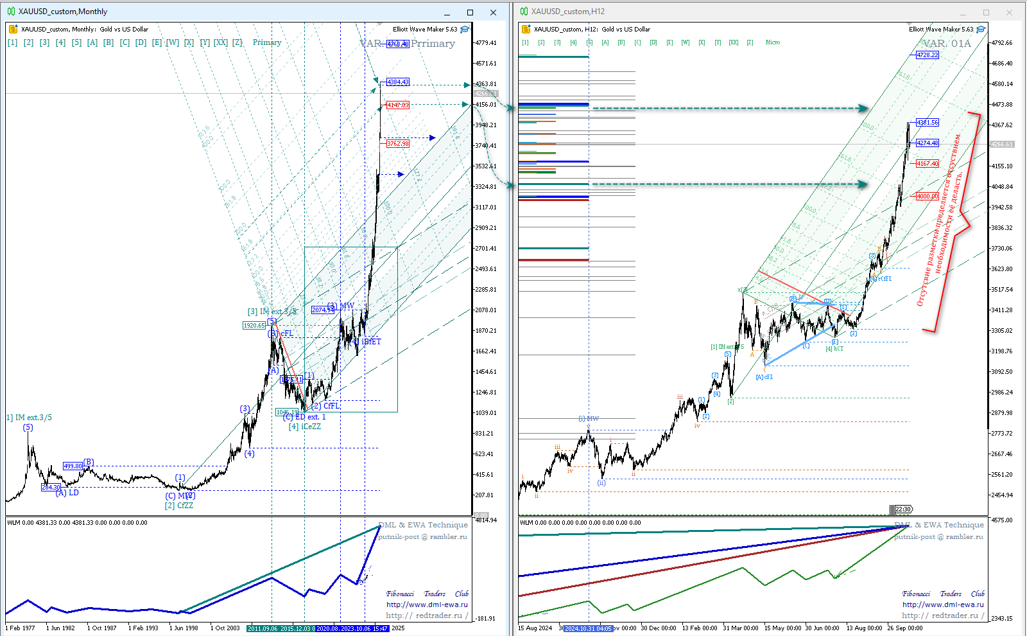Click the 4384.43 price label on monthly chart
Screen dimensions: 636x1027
click(x=398, y=82)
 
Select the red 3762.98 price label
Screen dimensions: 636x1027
click(x=398, y=143)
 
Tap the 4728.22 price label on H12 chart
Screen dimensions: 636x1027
click(x=928, y=55)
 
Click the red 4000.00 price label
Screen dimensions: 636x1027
click(x=928, y=196)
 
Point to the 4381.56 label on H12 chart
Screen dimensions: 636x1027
click(x=928, y=122)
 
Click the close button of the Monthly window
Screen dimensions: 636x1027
click(x=493, y=12)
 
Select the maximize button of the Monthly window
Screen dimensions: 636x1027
click(x=470, y=12)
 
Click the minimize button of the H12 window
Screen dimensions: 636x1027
click(x=963, y=12)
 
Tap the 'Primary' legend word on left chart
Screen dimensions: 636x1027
click(x=267, y=42)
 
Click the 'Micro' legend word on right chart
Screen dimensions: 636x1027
click(x=773, y=42)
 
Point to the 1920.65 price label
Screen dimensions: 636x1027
click(x=254, y=325)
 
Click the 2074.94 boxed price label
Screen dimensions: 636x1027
click(x=323, y=310)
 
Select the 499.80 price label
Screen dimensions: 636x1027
click(x=73, y=466)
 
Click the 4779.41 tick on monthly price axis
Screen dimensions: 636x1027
click(x=485, y=43)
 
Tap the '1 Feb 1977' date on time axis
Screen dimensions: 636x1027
click(x=21, y=628)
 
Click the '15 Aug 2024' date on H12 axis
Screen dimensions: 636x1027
click(x=535, y=628)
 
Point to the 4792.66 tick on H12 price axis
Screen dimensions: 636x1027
click(x=1001, y=43)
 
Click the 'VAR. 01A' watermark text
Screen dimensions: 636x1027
click(x=947, y=44)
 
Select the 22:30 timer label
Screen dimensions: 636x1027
click(x=903, y=509)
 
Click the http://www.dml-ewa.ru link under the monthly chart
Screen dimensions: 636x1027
click(x=427, y=605)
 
